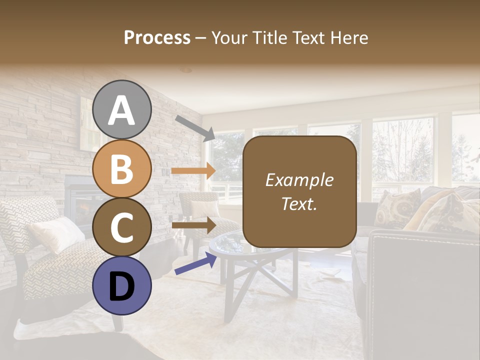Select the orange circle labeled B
(122, 168)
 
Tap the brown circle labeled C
(122, 227)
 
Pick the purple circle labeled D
(122, 285)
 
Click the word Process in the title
(157, 38)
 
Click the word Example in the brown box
(299, 180)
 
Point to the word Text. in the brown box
(299, 203)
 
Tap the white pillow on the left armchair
(56, 233)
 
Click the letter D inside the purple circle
(122, 286)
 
